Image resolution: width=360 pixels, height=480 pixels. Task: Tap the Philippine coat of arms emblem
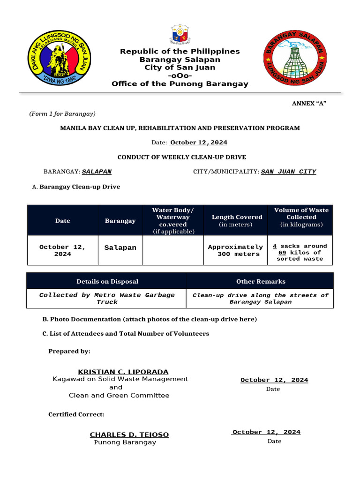180,34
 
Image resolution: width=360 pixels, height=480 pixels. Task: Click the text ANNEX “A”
309,103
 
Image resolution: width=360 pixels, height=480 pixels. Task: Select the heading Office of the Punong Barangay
180,84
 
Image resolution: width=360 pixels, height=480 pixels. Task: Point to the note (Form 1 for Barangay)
62,114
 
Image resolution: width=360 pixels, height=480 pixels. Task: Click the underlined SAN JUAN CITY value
288,172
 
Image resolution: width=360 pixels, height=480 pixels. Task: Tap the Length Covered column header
237,220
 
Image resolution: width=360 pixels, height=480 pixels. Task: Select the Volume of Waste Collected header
301,217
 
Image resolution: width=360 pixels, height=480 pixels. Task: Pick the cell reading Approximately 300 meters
235,250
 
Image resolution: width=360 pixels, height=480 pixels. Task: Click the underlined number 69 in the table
282,253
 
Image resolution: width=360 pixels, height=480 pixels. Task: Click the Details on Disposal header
107,281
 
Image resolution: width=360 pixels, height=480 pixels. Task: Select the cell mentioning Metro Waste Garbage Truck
107,299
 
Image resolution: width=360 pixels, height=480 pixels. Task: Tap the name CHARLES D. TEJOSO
129,435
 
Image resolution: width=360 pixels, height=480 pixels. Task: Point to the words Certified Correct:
76,414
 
